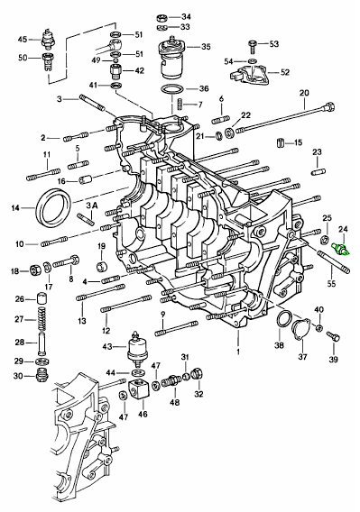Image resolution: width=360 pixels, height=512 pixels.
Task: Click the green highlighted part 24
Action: (341, 250)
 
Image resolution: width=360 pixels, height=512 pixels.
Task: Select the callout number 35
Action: (206, 47)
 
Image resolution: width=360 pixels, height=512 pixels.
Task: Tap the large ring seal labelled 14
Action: (54, 207)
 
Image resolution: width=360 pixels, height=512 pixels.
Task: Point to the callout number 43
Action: (107, 346)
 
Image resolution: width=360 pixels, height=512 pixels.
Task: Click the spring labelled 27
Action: (42, 320)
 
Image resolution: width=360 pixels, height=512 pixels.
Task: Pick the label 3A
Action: (92, 206)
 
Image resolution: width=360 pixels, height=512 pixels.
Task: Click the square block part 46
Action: (139, 389)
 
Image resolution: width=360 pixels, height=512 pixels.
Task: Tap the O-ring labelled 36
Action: (172, 90)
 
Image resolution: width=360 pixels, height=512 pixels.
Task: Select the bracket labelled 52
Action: (249, 74)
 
